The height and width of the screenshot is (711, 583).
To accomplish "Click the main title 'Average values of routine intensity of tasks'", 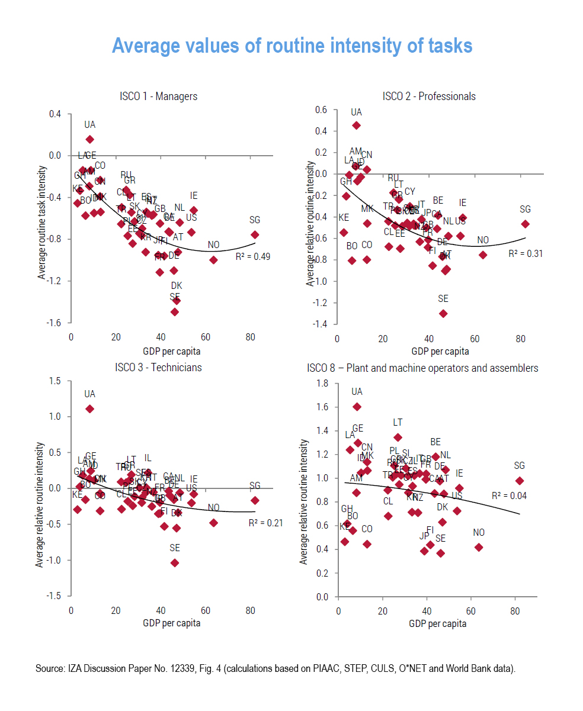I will (x=292, y=46).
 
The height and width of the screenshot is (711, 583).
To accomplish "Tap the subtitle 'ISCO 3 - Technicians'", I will (x=158, y=368).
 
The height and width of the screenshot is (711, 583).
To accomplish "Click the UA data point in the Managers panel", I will (x=89, y=139).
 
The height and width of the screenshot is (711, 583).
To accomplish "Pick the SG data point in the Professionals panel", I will (x=525, y=224).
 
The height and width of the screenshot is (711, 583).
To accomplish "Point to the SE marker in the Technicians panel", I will (x=175, y=562).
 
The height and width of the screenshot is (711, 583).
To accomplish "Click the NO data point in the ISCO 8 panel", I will (x=479, y=547).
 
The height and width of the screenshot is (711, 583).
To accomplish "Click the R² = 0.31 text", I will (x=526, y=253).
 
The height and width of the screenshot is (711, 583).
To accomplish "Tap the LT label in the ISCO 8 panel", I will (x=398, y=423).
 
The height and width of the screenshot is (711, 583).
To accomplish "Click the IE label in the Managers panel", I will (x=194, y=196).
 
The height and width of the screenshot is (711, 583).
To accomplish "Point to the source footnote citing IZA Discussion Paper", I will (x=276, y=669).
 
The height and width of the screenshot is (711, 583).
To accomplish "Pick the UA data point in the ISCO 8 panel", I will (x=357, y=406).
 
